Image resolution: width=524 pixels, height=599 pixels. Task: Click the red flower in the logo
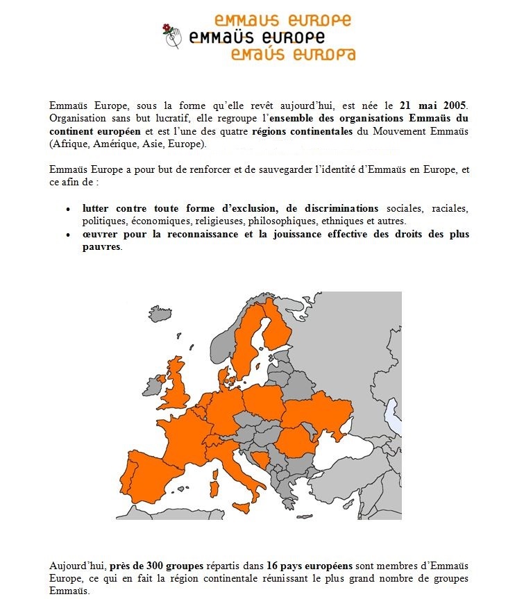pos(167,28)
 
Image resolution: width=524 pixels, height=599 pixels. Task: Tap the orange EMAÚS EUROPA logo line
pos(292,55)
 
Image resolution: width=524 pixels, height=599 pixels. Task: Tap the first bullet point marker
pos(68,209)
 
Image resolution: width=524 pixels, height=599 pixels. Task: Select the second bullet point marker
pos(68,235)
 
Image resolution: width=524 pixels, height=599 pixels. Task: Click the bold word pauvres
pos(101,247)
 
